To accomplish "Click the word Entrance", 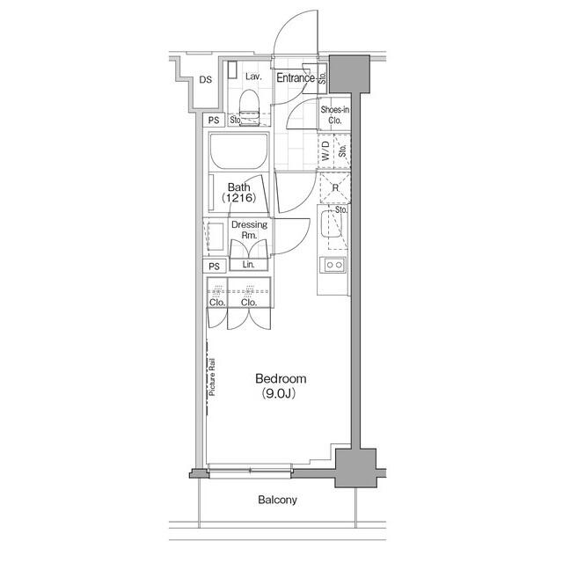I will pyautogui.click(x=296, y=78).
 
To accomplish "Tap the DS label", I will pyautogui.click(x=205, y=80).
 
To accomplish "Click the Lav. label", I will pyautogui.click(x=253, y=77).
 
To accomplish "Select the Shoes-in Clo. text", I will pyautogui.click(x=334, y=115).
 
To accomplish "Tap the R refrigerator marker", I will pyautogui.click(x=335, y=187).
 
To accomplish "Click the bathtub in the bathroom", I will pyautogui.click(x=239, y=157).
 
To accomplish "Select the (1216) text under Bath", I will pyautogui.click(x=240, y=199).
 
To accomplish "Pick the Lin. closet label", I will pyautogui.click(x=248, y=265).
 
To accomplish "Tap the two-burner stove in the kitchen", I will pyautogui.click(x=334, y=264).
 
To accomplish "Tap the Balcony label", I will pyautogui.click(x=277, y=501).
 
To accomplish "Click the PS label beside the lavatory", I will pyautogui.click(x=214, y=121).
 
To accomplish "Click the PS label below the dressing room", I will pyautogui.click(x=214, y=266).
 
